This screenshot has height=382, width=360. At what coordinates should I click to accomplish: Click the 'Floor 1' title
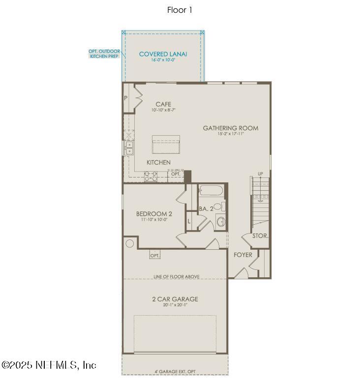click(180, 10)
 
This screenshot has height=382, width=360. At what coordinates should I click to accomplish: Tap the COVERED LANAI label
click(163, 54)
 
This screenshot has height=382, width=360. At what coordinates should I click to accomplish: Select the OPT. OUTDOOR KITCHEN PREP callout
click(104, 54)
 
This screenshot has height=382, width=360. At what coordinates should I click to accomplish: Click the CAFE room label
click(163, 104)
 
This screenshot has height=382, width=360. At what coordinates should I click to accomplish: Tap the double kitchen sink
click(128, 147)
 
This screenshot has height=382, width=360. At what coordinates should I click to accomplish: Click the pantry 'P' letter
click(126, 98)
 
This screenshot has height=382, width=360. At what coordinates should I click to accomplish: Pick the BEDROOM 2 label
click(154, 214)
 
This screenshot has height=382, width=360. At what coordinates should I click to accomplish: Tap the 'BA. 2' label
click(206, 209)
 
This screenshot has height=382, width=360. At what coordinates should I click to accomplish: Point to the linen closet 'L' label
click(189, 221)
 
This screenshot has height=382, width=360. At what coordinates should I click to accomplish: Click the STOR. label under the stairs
click(260, 236)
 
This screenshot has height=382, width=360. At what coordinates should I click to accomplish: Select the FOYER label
click(243, 255)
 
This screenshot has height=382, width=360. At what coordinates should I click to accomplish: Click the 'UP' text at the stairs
click(261, 174)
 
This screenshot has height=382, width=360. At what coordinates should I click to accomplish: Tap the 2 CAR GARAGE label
click(176, 299)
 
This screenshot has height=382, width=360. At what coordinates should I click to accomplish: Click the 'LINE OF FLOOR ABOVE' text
click(176, 277)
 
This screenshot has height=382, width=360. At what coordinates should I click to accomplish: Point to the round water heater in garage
click(130, 243)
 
